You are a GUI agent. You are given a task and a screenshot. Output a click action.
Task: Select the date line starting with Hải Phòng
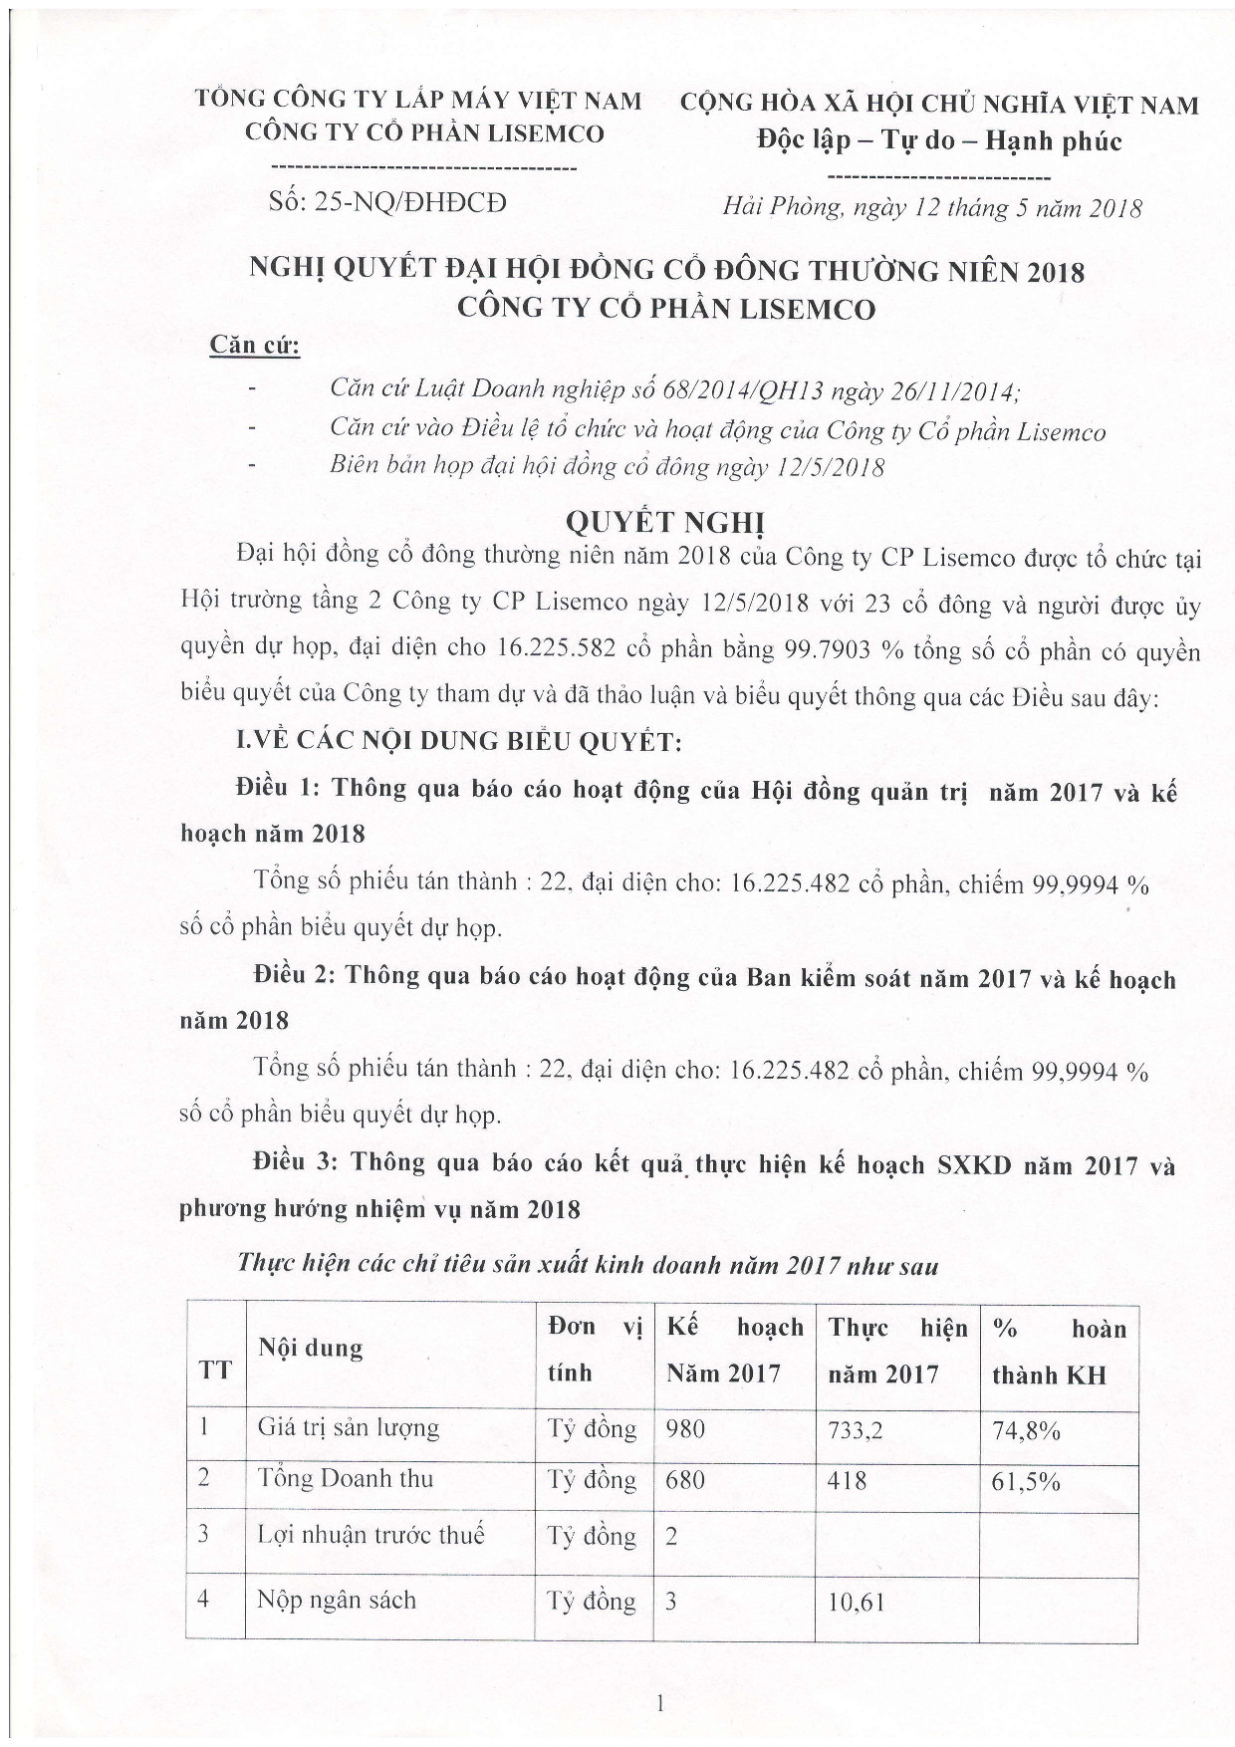(932, 208)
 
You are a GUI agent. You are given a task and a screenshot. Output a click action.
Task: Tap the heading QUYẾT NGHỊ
(664, 522)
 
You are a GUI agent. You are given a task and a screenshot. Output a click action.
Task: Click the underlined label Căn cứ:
(254, 346)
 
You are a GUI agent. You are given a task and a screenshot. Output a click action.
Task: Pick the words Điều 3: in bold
(295, 1162)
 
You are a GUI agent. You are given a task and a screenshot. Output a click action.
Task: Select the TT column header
(215, 1370)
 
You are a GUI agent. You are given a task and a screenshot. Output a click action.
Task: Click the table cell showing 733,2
(855, 1430)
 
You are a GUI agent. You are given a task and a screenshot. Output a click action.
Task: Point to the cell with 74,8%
(1025, 1430)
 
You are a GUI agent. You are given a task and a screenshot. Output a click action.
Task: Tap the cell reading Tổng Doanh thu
(346, 1478)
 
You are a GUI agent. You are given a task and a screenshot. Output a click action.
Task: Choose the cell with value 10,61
(856, 1603)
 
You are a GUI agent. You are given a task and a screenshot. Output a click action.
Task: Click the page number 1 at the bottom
(658, 1704)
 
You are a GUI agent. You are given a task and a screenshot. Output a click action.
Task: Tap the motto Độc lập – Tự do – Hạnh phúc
(939, 140)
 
